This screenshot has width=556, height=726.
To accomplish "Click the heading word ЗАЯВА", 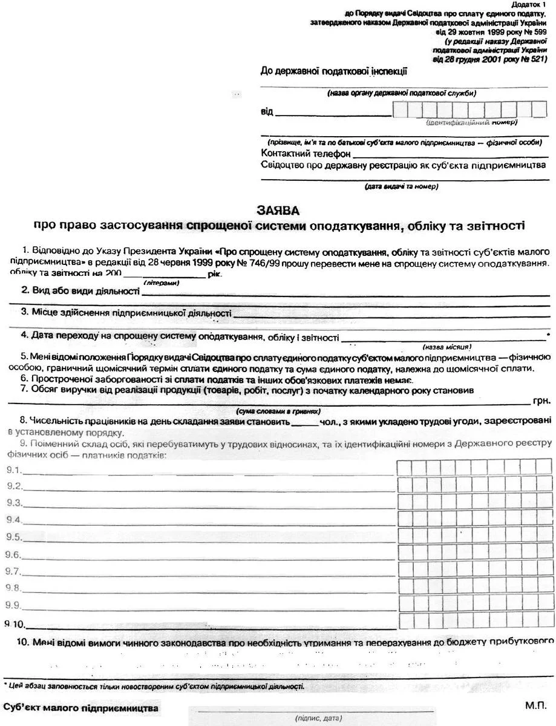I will pos(278,211).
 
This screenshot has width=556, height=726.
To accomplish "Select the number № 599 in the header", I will pos(535,32).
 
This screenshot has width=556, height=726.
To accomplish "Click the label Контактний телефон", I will pos(298,153).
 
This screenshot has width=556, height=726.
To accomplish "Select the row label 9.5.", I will pos(14,537).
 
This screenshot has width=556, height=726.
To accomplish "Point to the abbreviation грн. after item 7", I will pos(543,401).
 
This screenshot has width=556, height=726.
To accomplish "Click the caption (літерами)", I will pos(161,283).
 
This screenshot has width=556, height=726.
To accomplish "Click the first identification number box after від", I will pos(399,109).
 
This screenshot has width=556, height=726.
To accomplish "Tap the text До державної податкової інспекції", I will pos(333,71).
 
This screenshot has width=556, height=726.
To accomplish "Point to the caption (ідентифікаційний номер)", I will pos(471,123).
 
